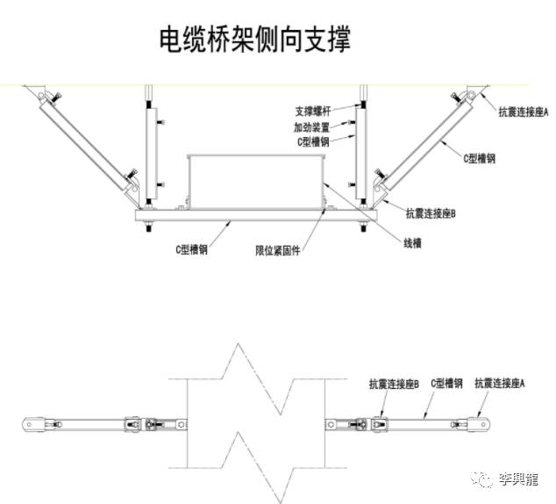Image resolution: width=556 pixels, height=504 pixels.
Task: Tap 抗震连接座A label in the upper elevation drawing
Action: [x=523, y=112]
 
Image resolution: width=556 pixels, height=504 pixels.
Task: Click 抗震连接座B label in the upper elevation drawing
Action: [x=431, y=212]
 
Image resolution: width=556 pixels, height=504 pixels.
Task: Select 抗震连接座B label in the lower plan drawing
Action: [x=394, y=384]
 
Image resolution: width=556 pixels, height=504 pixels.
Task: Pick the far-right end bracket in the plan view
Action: [x=479, y=424]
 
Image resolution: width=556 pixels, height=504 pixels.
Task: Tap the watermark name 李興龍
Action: [x=518, y=479]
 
